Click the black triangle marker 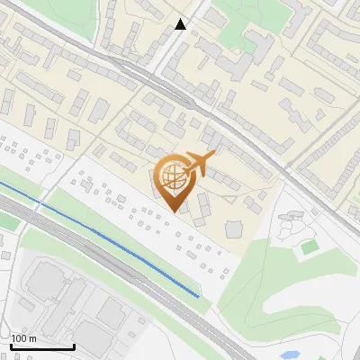181,24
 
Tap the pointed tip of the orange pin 173,211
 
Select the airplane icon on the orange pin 199,164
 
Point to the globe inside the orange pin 172,175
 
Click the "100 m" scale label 23,338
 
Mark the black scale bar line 42,346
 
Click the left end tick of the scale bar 11,345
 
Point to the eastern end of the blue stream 198,295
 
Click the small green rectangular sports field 310,247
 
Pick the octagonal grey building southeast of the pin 234,229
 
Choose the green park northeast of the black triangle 236,27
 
